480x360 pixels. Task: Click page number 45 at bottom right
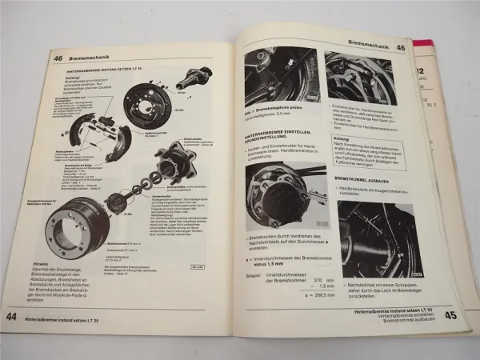point(450,314)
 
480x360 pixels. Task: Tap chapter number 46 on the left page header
point(59,58)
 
